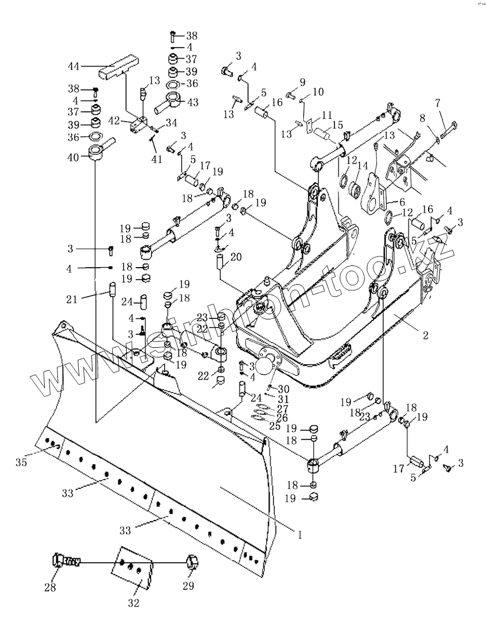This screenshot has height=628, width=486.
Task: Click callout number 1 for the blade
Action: pos(300,534)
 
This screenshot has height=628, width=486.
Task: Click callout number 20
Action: pos(236,257)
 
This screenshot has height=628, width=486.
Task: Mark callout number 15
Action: pos(338,124)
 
